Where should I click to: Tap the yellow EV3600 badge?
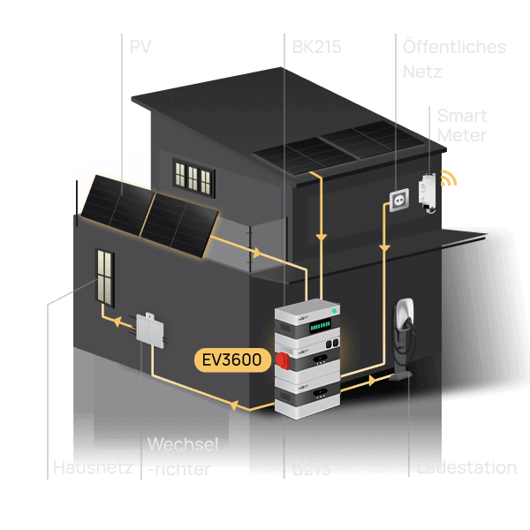[232, 360]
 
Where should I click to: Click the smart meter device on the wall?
[428, 192]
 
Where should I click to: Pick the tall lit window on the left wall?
[105, 277]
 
